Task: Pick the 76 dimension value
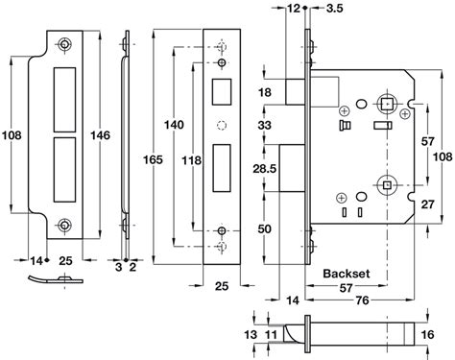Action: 364,300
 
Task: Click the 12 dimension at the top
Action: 293,10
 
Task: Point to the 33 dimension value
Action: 265,125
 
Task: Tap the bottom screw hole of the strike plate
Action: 63,225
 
